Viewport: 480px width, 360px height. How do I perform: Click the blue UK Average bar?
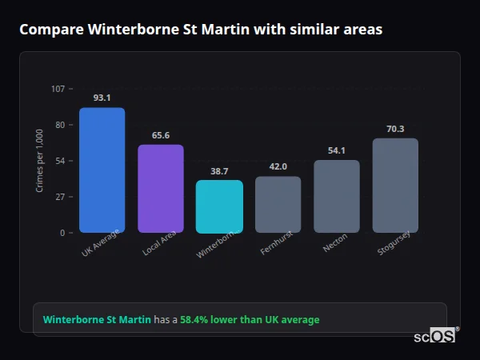tap(102, 170)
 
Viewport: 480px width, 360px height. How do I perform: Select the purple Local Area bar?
tap(161, 189)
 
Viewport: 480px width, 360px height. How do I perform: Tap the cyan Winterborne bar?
tap(219, 206)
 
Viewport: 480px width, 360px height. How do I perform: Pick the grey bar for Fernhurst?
tap(278, 205)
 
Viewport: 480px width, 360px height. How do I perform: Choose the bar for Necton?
tap(337, 197)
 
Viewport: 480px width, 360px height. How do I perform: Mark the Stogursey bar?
tap(395, 186)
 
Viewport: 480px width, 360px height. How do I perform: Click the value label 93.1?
tap(102, 98)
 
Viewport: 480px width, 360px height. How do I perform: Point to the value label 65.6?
tap(161, 135)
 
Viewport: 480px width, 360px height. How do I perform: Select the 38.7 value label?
tap(219, 171)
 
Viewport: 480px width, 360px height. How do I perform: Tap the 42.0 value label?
tap(278, 166)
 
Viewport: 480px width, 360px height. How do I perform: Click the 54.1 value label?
tap(337, 150)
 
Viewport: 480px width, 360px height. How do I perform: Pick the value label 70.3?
tap(395, 129)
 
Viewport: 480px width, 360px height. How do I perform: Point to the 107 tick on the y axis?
tap(58, 89)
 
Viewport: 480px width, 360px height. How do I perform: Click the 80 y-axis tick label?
tap(59, 125)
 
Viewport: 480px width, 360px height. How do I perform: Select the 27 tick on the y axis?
tap(59, 197)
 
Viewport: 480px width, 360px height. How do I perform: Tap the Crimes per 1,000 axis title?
tap(40, 161)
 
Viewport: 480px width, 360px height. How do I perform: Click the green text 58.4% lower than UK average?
tap(250, 320)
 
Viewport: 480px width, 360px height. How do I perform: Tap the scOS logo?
tap(435, 337)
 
